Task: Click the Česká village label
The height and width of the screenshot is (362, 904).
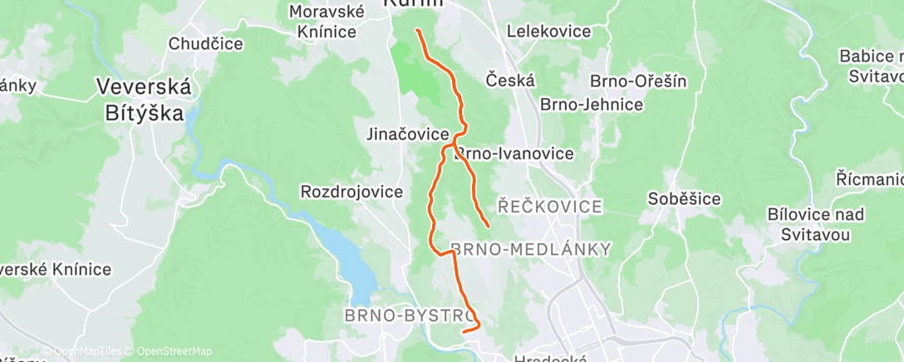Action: [x=510, y=81]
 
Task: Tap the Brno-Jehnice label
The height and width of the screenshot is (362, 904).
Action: [x=592, y=105]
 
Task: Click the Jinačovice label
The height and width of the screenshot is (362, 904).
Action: [x=408, y=134]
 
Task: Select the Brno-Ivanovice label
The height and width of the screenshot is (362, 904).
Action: [x=515, y=154]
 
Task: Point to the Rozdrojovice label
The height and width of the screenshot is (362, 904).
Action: [x=351, y=192]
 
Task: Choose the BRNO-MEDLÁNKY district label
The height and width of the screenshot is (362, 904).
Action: [x=530, y=249]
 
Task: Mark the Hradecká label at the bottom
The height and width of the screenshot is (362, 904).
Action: [x=551, y=359]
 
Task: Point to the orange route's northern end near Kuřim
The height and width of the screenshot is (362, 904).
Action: [x=417, y=31]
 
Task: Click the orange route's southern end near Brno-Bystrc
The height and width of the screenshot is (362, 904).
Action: [x=463, y=330]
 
